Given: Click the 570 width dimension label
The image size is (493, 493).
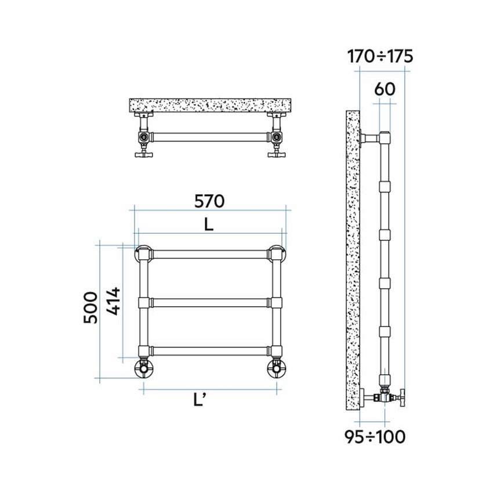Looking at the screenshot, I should pos(209,201).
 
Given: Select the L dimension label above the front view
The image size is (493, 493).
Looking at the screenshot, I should pos(209,224).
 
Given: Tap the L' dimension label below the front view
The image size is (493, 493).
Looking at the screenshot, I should pos(209,400).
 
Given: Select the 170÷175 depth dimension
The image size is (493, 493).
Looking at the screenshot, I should pos(380,56).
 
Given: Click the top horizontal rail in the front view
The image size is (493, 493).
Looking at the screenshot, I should pos(209,254).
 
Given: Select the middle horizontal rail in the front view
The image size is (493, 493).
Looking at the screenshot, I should pos(209,302).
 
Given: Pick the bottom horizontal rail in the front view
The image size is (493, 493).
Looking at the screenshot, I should pos(209,350).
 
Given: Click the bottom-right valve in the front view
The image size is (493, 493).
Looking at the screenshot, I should pos(276,367).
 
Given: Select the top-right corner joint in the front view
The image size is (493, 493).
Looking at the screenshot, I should pos(276,254).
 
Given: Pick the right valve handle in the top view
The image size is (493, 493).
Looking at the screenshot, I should pos(277,154).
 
